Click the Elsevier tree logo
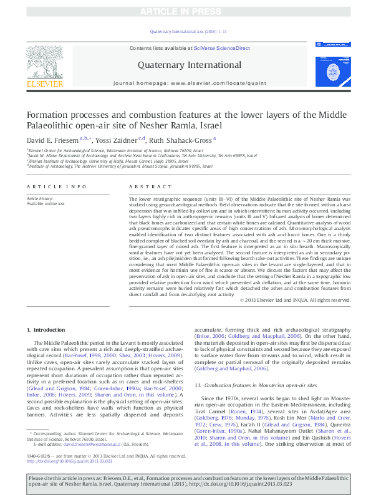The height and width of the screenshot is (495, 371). pyautogui.click(x=45, y=60)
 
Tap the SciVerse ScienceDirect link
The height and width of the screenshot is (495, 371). pyautogui.click(x=221, y=48)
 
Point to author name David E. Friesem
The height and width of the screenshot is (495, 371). pyautogui.click(x=52, y=140)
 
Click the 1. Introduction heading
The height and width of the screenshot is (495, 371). pyautogui.click(x=47, y=329)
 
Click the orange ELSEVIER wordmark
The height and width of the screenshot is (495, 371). pyautogui.click(x=45, y=84)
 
